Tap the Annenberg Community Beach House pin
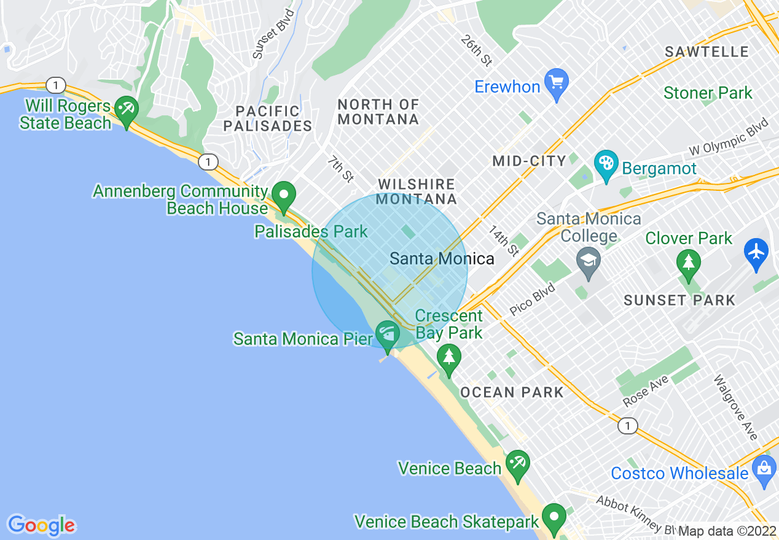tap(284, 196)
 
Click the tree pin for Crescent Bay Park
tap(449, 358)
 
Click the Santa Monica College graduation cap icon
tap(589, 261)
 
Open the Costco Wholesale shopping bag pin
tap(764, 471)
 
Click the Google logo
tap(41, 525)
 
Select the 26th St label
tap(477, 51)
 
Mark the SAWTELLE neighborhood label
tap(707, 52)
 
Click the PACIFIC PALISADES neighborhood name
tap(268, 119)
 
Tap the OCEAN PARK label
tap(512, 392)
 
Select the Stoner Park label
tap(708, 93)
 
